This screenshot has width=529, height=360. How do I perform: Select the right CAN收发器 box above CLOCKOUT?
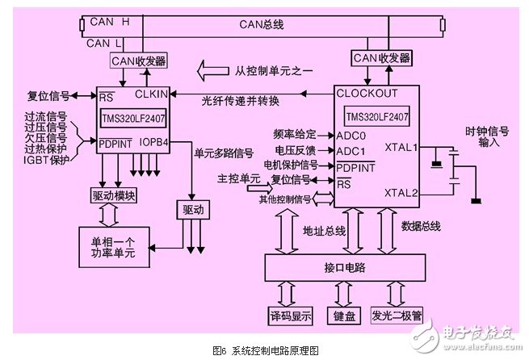point(380,58)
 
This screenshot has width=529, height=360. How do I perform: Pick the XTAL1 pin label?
point(402,148)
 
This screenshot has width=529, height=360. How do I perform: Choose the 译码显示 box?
point(290,314)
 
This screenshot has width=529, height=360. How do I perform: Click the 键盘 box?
point(339,314)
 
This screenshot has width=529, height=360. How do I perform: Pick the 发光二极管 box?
point(396,314)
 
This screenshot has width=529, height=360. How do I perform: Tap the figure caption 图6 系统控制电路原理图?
point(266,350)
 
